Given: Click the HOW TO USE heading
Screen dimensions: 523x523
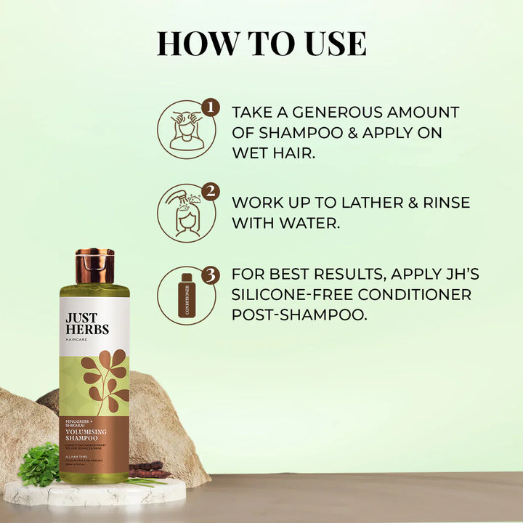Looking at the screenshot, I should (x=261, y=43).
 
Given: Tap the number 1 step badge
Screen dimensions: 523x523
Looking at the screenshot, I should (x=210, y=108).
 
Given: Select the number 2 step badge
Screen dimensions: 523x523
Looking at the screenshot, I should (x=210, y=192).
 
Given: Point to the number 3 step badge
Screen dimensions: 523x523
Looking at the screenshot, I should (x=210, y=275).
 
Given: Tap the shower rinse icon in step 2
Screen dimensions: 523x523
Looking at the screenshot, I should (x=185, y=214).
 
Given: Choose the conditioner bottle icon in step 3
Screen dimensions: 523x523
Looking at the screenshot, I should (x=187, y=296).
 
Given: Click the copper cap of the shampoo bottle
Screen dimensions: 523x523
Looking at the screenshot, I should (x=94, y=267).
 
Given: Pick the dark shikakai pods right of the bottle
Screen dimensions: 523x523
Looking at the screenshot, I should (x=148, y=469).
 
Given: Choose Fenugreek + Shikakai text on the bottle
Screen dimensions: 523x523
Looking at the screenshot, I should (x=79, y=422).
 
